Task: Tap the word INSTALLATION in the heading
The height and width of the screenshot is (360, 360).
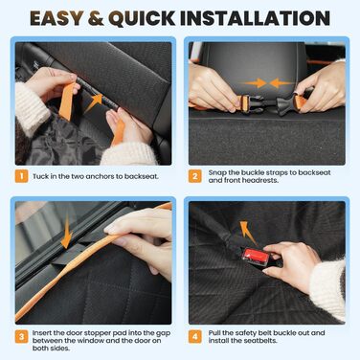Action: pyautogui.click(x=255, y=18)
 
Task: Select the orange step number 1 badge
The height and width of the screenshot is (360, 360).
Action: pyautogui.click(x=22, y=176)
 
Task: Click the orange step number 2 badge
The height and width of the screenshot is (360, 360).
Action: pyautogui.click(x=195, y=176)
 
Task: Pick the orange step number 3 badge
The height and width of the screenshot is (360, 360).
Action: pyautogui.click(x=22, y=337)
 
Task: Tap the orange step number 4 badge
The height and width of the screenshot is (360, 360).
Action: pyautogui.click(x=195, y=337)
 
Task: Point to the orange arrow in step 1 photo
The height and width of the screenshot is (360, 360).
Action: pyautogui.click(x=94, y=102)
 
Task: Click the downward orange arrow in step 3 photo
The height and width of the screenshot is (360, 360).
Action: pyautogui.click(x=67, y=231)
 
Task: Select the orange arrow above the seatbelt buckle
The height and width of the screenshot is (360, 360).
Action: pyautogui.click(x=248, y=233)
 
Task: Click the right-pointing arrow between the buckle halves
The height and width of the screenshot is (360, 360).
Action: pyautogui.click(x=256, y=83)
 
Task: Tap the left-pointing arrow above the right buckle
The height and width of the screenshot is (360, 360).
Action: pyautogui.click(x=281, y=83)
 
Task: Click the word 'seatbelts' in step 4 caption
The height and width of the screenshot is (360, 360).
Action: pyautogui.click(x=260, y=341)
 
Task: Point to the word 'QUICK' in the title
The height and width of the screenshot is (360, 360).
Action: pyautogui.click(x=142, y=18)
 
